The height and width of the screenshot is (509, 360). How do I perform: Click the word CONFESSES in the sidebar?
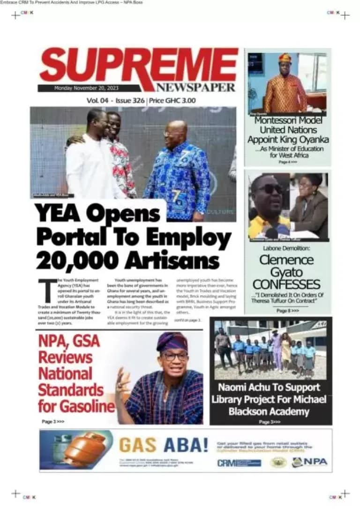click(286, 284)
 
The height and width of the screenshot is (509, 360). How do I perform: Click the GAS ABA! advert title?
click(164, 445)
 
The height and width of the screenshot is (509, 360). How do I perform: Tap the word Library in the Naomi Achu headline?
click(230, 400)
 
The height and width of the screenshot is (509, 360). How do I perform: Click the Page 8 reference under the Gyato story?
click(287, 311)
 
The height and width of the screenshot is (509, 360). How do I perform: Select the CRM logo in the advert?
click(239, 463)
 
